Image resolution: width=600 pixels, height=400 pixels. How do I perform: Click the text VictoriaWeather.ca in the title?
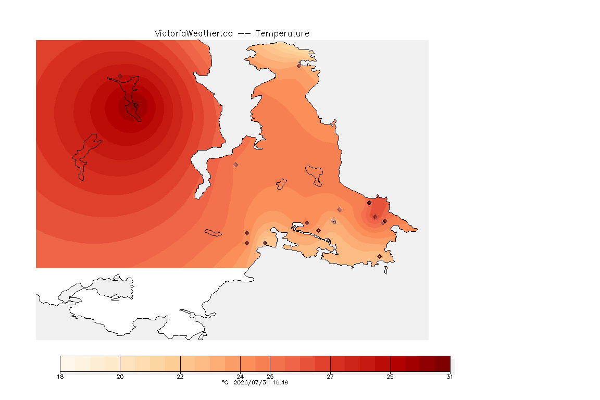(194, 34)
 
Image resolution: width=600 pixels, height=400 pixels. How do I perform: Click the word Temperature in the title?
(282, 34)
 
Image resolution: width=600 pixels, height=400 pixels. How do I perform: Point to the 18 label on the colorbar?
(60, 377)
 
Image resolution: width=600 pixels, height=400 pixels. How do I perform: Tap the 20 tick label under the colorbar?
(120, 377)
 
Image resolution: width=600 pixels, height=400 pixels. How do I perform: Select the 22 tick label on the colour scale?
(180, 377)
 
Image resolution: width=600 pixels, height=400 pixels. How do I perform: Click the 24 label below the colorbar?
(240, 377)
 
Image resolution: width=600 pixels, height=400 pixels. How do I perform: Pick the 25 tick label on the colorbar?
(270, 377)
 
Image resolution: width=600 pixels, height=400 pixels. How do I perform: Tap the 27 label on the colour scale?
(330, 377)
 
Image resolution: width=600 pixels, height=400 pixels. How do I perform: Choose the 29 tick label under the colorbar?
(390, 377)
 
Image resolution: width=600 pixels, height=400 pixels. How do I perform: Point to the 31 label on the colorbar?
(449, 377)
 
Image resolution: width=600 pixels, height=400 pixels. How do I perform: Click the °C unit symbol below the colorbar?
(225, 382)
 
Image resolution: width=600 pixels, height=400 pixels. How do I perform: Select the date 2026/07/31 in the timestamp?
(252, 382)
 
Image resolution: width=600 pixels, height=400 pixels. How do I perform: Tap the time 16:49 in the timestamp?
(280, 382)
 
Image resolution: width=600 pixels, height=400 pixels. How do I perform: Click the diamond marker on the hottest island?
(120, 77)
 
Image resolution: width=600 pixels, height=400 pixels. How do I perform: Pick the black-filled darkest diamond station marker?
(369, 203)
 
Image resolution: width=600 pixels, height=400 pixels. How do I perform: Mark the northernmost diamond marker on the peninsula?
(299, 66)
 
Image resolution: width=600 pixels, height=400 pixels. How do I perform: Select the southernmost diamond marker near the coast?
(379, 256)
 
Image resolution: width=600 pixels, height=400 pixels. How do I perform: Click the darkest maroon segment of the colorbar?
(442, 364)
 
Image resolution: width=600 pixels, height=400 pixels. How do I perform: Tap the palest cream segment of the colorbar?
(68, 364)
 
